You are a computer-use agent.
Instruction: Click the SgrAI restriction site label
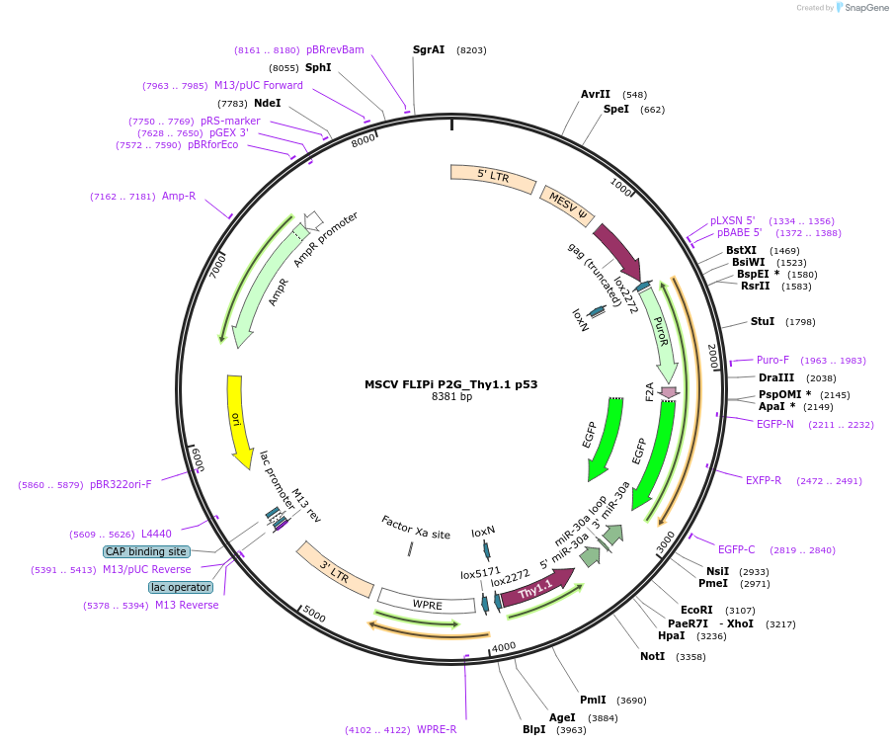[x=429, y=49]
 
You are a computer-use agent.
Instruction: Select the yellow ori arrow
[x=237, y=420]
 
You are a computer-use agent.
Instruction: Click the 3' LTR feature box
[x=335, y=569]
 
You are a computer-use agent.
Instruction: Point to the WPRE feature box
[x=427, y=603]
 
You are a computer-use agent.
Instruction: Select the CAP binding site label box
[x=145, y=551]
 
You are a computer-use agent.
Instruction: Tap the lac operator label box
[x=181, y=587]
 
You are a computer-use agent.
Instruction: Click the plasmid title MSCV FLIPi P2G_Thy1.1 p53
[x=450, y=384]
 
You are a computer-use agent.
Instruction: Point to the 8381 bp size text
[x=451, y=397]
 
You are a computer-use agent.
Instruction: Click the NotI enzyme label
[x=652, y=656]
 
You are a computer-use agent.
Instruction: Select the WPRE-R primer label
[x=437, y=730]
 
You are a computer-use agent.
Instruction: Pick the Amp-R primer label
[x=179, y=196]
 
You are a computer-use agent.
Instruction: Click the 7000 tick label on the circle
[x=218, y=265]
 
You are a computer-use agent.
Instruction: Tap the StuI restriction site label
[x=763, y=321]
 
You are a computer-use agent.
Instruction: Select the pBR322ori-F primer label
[x=121, y=484]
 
